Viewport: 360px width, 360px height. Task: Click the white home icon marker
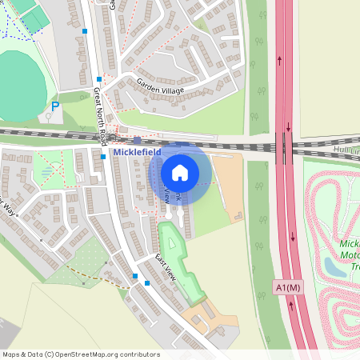[x=180, y=172]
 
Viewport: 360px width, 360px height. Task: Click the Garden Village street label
[x=160, y=86]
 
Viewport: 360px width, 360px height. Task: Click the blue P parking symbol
[x=55, y=106]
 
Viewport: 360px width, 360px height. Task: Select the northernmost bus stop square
[x=86, y=31]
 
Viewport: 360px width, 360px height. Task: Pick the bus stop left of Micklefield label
[x=104, y=157]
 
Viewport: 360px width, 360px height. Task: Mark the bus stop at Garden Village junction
[x=99, y=78]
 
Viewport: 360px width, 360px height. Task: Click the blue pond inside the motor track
[x=337, y=267]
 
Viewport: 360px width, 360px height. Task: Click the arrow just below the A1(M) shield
[x=290, y=303]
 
